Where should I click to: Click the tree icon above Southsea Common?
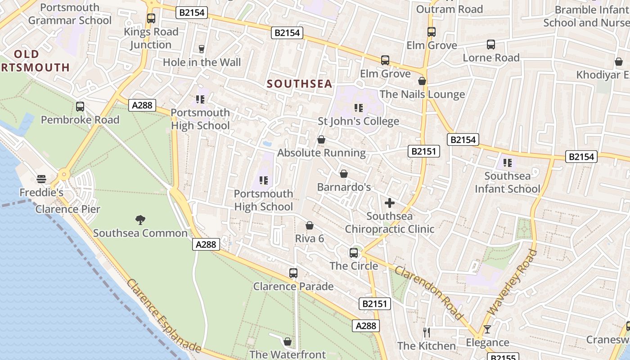click(140, 220)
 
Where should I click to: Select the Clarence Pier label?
click(68, 209)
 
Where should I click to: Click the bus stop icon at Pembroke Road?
click(80, 107)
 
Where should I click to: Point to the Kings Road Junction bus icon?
click(151, 18)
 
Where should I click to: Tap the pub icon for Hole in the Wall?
click(201, 49)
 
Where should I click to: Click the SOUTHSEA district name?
click(299, 84)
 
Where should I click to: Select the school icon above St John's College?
click(358, 108)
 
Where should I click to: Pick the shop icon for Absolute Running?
click(321, 139)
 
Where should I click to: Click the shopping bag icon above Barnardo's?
click(344, 174)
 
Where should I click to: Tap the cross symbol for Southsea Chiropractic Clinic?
click(390, 203)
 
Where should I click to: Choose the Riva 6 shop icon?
click(310, 225)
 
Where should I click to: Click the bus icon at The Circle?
click(354, 253)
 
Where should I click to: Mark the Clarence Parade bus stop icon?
click(293, 273)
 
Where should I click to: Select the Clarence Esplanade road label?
click(163, 316)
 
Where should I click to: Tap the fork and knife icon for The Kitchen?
click(427, 333)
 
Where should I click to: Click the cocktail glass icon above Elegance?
click(487, 329)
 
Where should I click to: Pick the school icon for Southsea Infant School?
click(508, 163)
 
